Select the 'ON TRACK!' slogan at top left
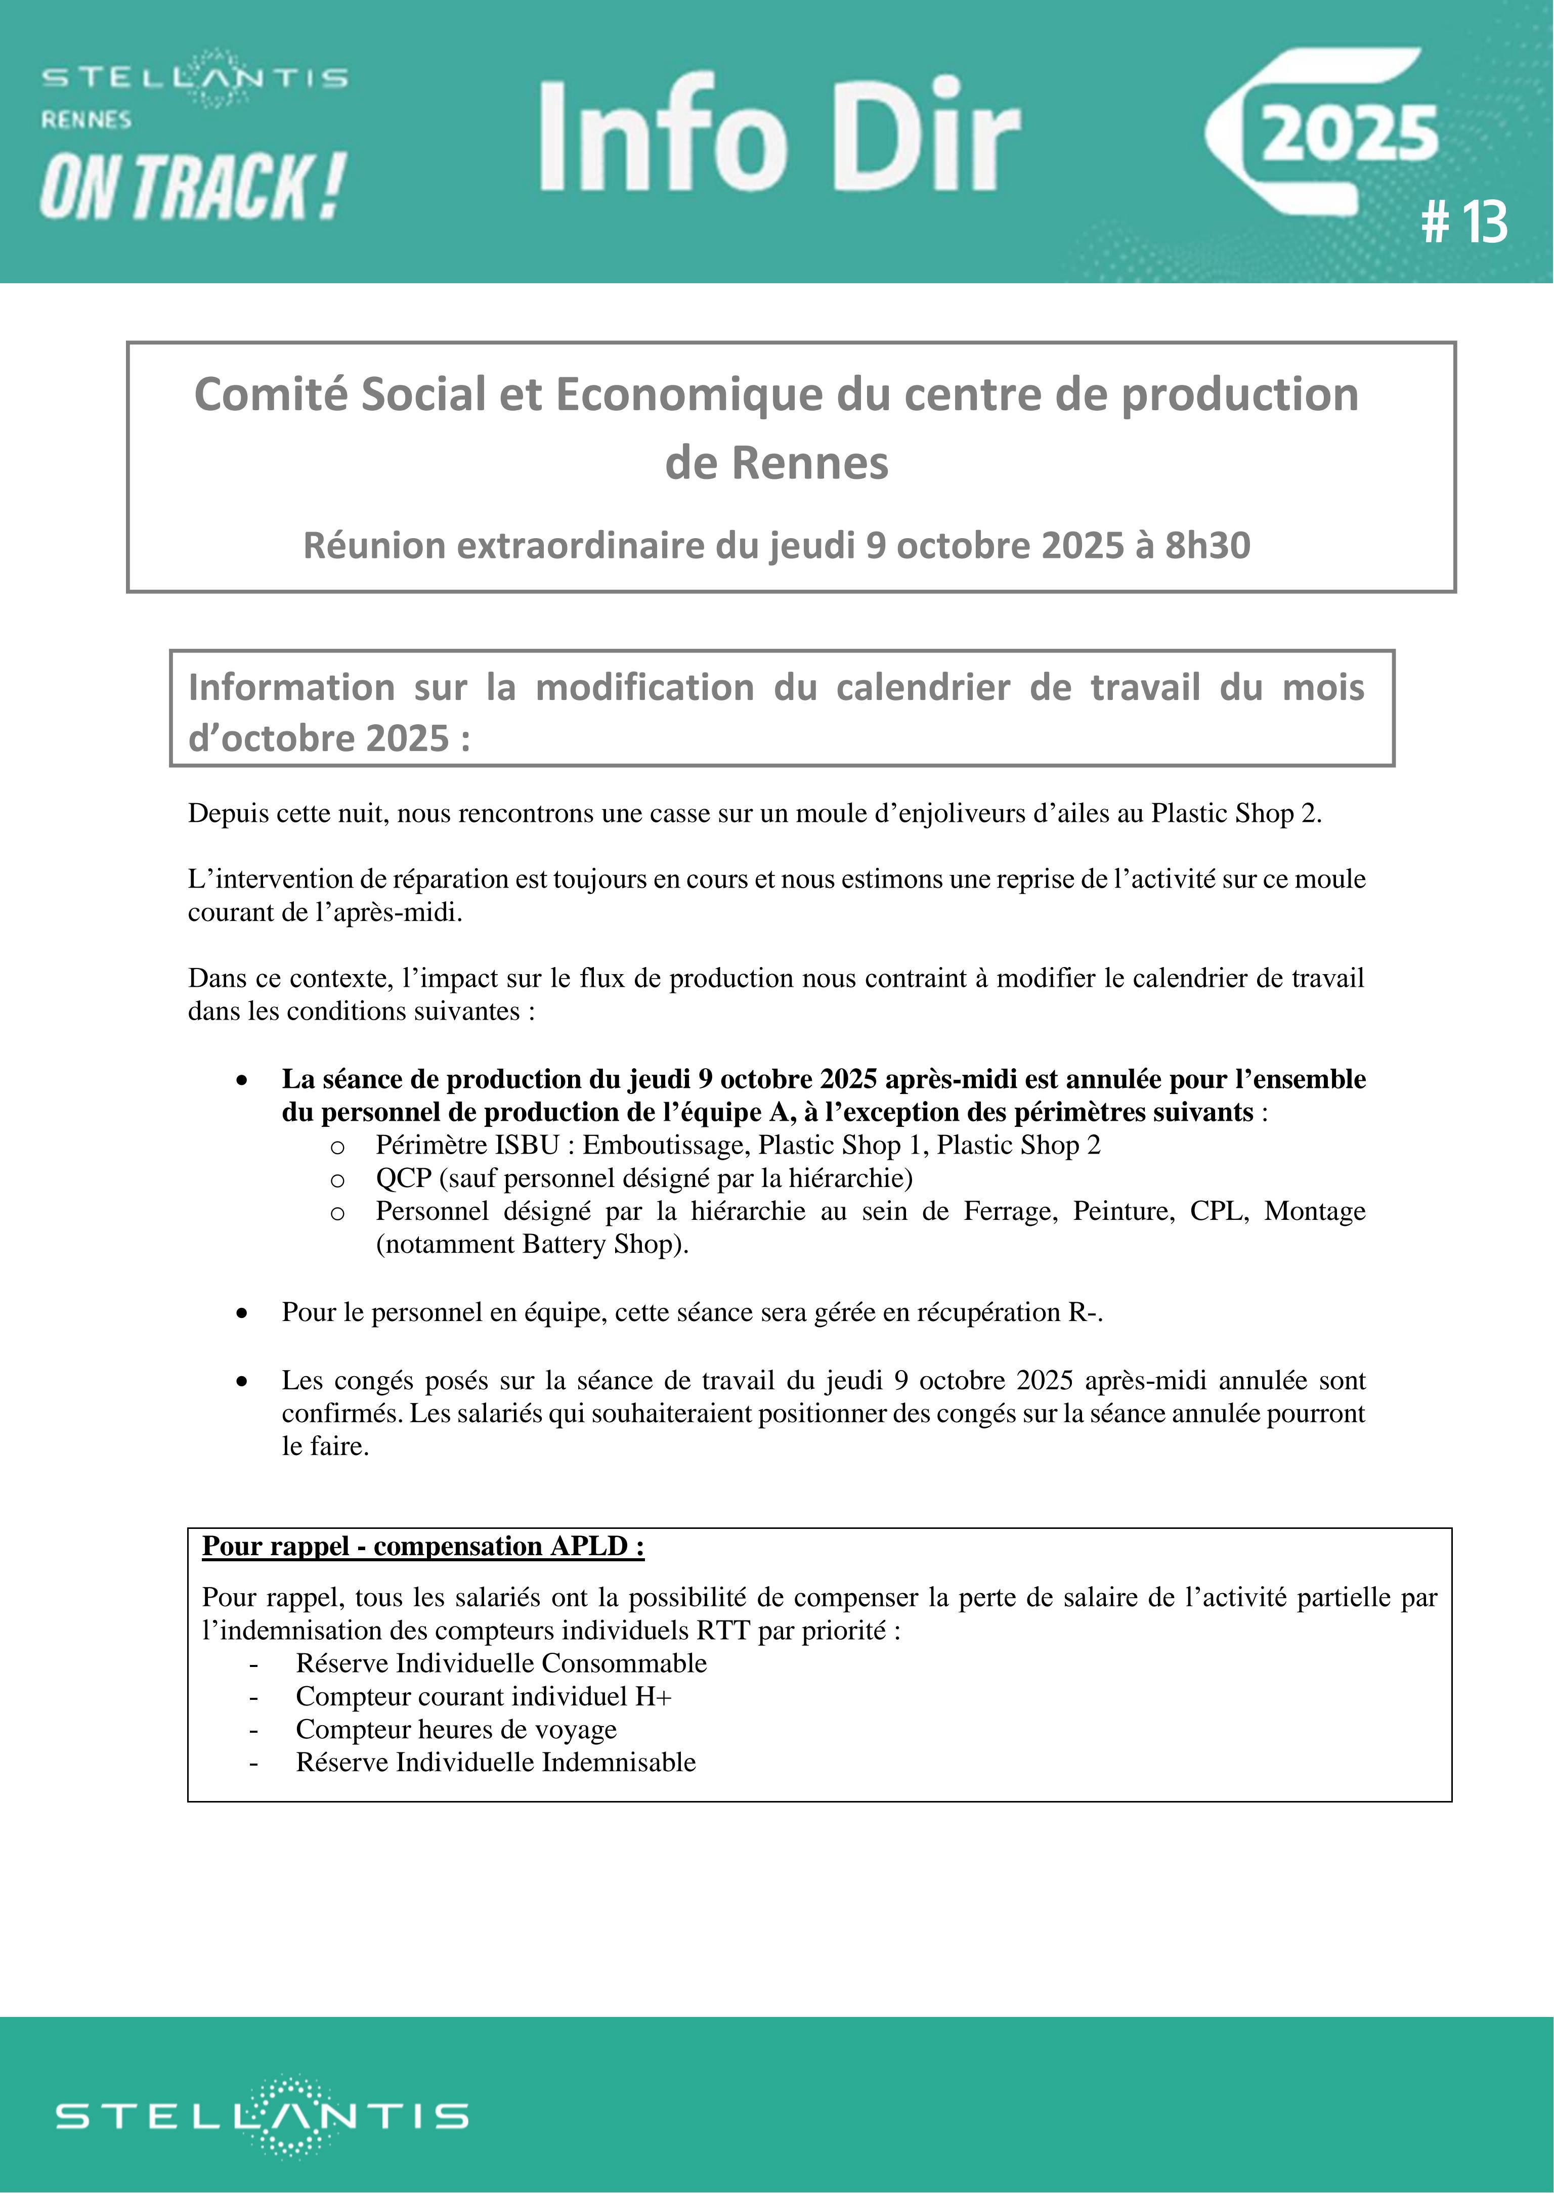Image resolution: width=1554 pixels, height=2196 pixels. (x=191, y=187)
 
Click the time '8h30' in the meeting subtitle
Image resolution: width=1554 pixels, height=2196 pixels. (x=1207, y=545)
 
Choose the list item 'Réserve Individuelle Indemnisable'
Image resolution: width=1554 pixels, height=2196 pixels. (x=496, y=1761)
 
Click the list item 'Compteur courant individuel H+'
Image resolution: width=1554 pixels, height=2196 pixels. (x=483, y=1696)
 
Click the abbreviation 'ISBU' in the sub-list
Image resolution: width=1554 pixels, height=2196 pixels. (x=526, y=1145)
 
